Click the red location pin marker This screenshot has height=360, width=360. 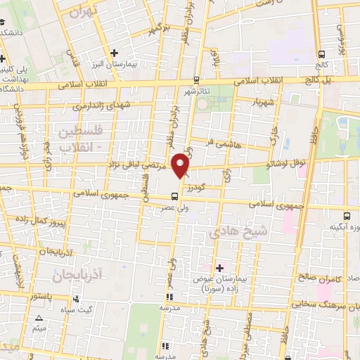(x=181, y=165)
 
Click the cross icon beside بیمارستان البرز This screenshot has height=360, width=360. (x=115, y=53)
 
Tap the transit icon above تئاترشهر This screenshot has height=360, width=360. (x=195, y=79)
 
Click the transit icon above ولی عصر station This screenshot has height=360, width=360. (x=174, y=196)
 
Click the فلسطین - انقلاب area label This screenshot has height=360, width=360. (x=78, y=138)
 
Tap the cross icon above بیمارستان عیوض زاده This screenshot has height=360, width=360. (x=219, y=268)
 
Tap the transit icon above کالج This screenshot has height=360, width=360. (x=322, y=53)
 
